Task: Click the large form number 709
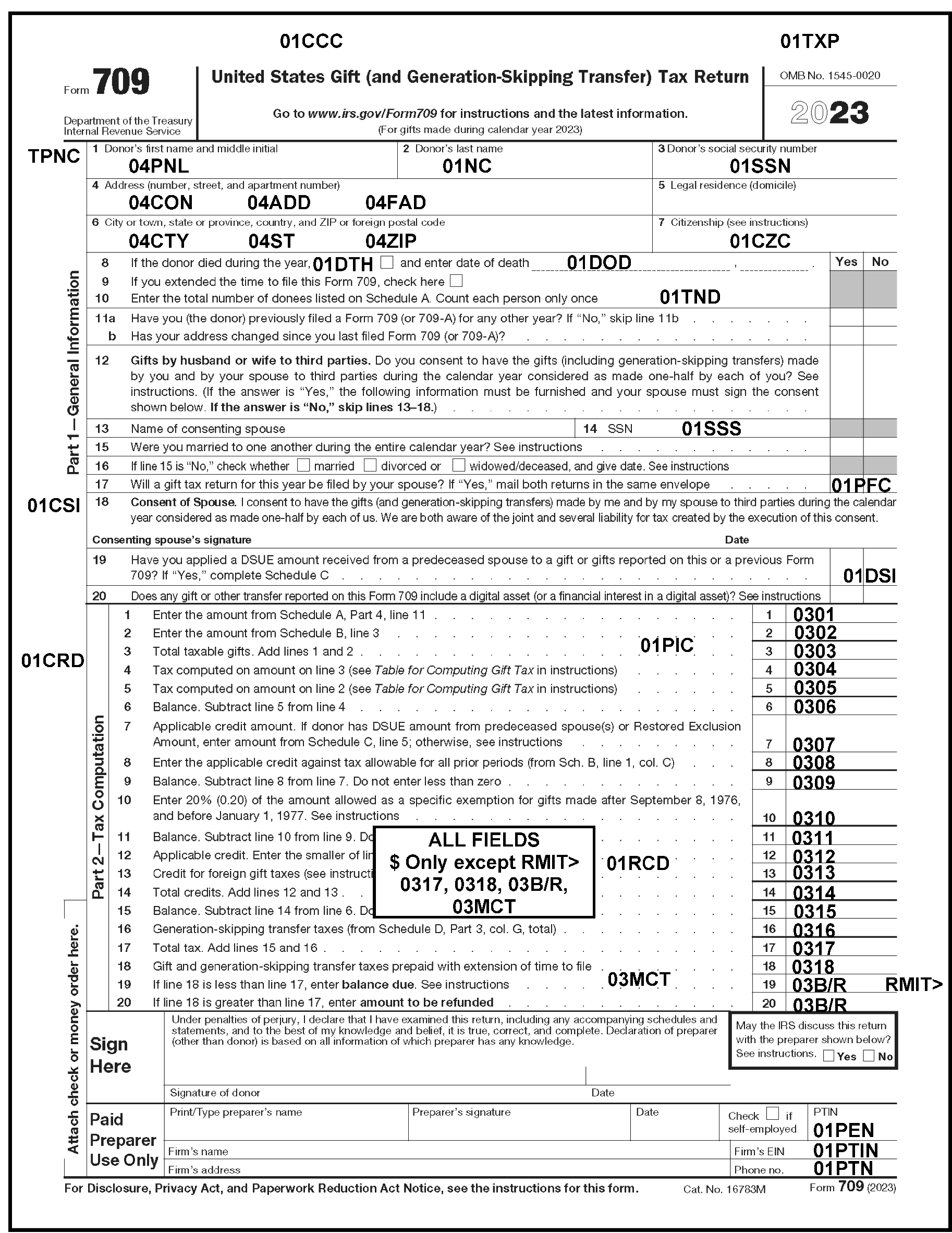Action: pyautogui.click(x=121, y=82)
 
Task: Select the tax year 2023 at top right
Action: pyautogui.click(x=829, y=113)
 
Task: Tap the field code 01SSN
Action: pyautogui.click(x=760, y=166)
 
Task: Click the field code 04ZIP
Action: pyautogui.click(x=390, y=241)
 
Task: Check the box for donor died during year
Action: pyautogui.click(x=386, y=262)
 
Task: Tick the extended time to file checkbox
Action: pyautogui.click(x=456, y=281)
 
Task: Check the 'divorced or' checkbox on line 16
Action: pyautogui.click(x=370, y=465)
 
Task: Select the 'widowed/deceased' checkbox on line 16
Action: pyautogui.click(x=459, y=465)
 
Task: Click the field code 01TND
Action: pyautogui.click(x=690, y=297)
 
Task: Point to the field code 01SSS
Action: pyautogui.click(x=711, y=429)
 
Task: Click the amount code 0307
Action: pyautogui.click(x=813, y=744)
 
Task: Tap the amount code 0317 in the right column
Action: pyautogui.click(x=813, y=948)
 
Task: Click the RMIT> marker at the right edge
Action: pyautogui.click(x=913, y=984)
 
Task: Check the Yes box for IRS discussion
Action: pyautogui.click(x=828, y=1056)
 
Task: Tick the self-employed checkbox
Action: pyautogui.click(x=773, y=1114)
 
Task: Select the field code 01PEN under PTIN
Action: pyautogui.click(x=843, y=1130)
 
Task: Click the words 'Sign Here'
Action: pyautogui.click(x=111, y=1055)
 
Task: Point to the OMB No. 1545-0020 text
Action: pyautogui.click(x=829, y=76)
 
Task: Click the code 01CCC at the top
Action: pyautogui.click(x=311, y=41)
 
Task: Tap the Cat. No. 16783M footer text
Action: pyautogui.click(x=724, y=1189)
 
